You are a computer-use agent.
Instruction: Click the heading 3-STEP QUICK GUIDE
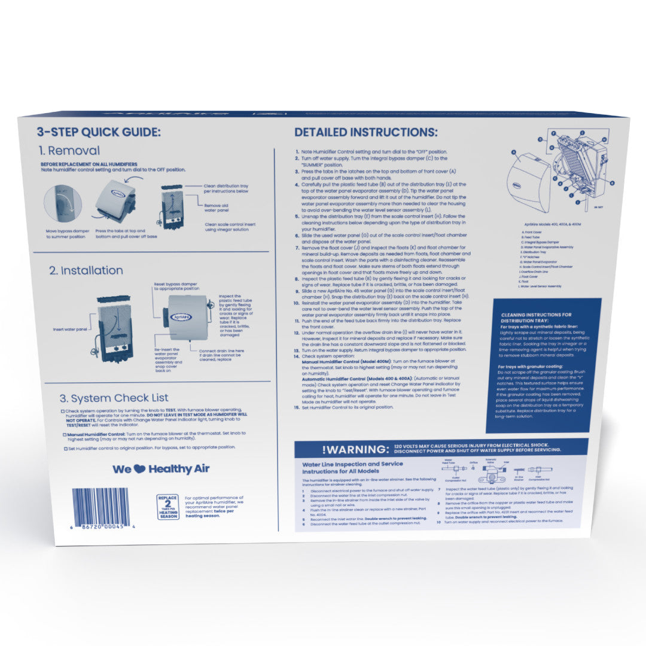pos(99,132)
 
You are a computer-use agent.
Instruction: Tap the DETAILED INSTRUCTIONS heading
pos(365,132)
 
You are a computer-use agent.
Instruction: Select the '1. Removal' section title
pos(69,151)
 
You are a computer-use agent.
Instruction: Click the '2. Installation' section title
pos(86,270)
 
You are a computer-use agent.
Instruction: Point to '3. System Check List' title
pos(114,398)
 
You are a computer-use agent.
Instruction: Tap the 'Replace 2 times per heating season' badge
pos(168,507)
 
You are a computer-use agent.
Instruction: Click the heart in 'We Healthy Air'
pos(140,470)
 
